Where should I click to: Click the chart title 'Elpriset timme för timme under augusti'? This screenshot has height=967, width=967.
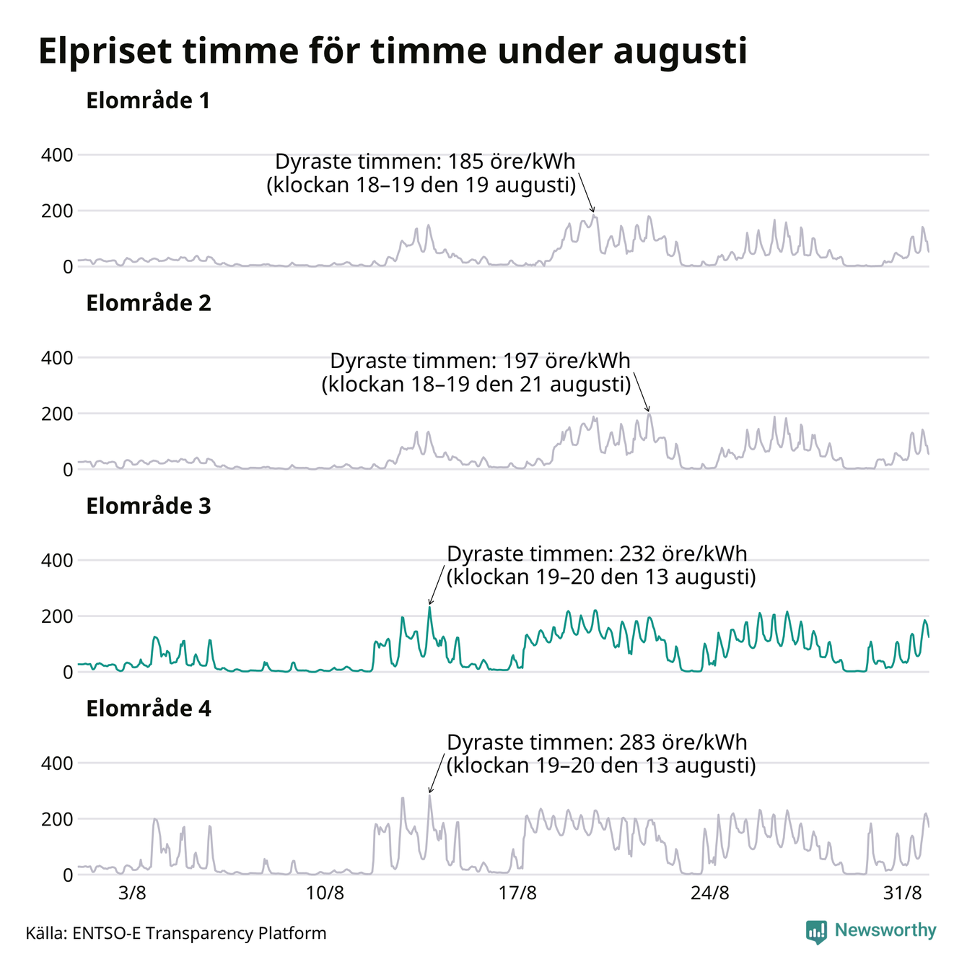coord(393,51)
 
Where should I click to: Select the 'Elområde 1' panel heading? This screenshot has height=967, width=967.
coord(148,101)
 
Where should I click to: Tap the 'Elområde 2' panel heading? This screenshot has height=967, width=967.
coord(149,303)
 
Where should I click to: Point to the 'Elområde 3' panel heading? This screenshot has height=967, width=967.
coord(149,506)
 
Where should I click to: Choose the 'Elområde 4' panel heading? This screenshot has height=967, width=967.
coord(149,709)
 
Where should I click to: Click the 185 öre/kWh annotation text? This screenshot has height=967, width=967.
coord(421,173)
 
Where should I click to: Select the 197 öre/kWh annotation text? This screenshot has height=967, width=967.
coord(476,372)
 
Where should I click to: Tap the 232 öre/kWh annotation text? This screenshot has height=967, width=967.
coord(601,565)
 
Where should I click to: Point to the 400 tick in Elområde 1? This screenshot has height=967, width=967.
coord(57,155)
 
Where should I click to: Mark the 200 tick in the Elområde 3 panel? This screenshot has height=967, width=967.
coord(57,616)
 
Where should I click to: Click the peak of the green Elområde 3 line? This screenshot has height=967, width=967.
coord(429,608)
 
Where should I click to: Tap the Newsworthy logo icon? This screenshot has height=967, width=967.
coord(816,932)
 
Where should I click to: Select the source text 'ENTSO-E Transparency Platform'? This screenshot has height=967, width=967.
coord(199,933)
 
